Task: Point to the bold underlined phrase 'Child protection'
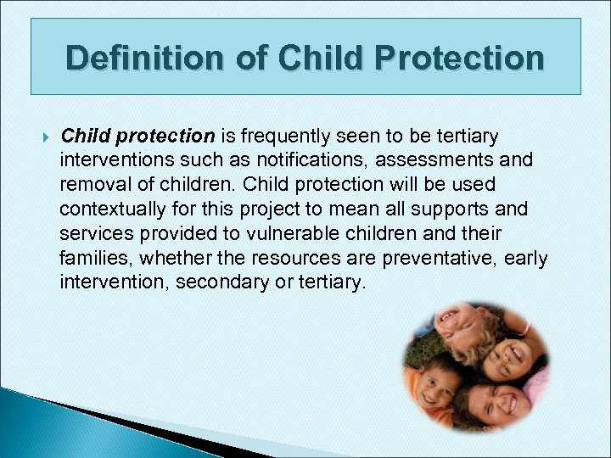click(x=137, y=136)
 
